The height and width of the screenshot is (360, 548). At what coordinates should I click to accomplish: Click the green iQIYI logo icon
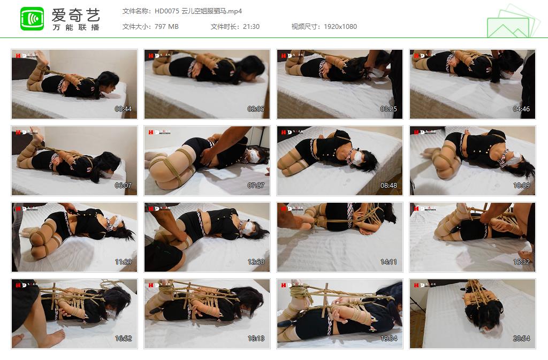pos(32,19)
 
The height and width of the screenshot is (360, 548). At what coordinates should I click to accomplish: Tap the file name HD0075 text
pos(168,11)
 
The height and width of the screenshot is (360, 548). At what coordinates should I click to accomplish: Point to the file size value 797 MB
pos(166,27)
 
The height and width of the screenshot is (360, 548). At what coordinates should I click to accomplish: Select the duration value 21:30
pos(250,27)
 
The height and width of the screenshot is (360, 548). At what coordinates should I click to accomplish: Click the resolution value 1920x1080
pos(340,27)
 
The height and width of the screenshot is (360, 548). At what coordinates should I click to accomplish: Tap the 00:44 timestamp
pos(124,109)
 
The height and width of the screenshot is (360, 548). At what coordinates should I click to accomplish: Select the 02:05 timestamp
pos(256,109)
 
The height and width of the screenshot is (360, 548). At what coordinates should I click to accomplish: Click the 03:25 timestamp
pos(389,109)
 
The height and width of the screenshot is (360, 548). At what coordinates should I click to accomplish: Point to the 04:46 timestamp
pos(522,109)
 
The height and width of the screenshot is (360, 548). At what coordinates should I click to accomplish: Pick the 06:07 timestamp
pos(124,186)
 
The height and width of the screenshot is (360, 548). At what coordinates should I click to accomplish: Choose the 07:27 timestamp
pos(256,186)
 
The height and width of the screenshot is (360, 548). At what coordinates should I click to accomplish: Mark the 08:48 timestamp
pos(389,186)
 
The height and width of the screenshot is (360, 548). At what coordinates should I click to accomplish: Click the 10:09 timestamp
pos(522,186)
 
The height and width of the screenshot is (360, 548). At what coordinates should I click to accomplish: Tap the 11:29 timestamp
pos(124,262)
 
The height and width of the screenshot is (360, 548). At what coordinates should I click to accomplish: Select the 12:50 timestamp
pos(256,262)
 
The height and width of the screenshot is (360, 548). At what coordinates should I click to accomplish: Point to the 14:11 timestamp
pos(389,262)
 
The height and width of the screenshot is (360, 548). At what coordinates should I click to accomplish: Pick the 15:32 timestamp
pos(522,262)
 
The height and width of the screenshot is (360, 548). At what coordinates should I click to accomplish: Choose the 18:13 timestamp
pos(256,339)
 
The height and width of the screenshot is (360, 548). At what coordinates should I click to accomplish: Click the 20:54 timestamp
pos(522,339)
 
